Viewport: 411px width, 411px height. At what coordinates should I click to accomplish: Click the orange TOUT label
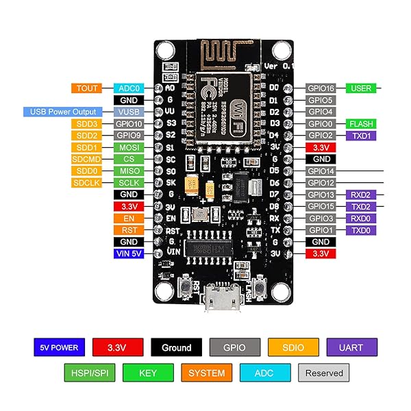(x=87, y=88)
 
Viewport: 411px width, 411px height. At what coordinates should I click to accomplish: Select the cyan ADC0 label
(x=128, y=88)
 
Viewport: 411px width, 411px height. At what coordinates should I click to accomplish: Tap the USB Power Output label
(x=63, y=112)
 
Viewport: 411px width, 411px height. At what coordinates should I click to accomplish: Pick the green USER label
(x=360, y=88)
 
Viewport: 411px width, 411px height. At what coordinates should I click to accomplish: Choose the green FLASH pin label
(x=360, y=124)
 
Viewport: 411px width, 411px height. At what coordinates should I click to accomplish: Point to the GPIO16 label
(x=320, y=88)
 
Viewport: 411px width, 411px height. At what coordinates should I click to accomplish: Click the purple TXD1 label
(x=360, y=136)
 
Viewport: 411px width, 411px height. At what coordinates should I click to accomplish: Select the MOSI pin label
(x=128, y=147)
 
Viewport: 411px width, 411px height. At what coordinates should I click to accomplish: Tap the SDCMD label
(x=87, y=159)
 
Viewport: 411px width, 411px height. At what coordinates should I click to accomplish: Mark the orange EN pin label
(x=128, y=218)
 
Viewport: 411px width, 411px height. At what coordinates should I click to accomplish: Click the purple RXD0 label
(x=360, y=218)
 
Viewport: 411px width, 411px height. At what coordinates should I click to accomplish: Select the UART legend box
(x=352, y=347)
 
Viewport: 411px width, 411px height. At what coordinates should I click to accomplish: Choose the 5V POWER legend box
(x=59, y=347)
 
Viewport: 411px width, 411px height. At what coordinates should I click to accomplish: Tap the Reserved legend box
(x=324, y=373)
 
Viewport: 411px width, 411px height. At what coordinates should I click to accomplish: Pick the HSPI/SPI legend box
(x=88, y=373)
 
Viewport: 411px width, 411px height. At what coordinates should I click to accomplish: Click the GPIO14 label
(x=320, y=171)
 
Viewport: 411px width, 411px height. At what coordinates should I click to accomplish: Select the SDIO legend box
(x=292, y=347)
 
